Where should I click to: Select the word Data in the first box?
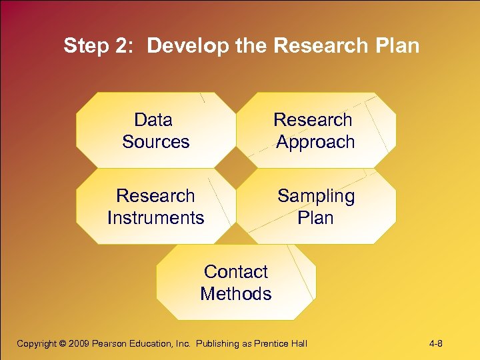(153, 120)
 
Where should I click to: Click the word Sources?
(156, 142)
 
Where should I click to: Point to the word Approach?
(315, 142)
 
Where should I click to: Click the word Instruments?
(156, 218)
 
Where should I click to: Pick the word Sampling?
(316, 196)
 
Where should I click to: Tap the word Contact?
(236, 272)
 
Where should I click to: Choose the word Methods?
(236, 294)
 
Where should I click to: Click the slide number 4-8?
(436, 344)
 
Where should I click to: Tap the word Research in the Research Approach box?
(313, 120)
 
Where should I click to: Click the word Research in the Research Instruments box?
(155, 196)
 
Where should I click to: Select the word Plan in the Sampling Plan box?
(316, 218)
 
